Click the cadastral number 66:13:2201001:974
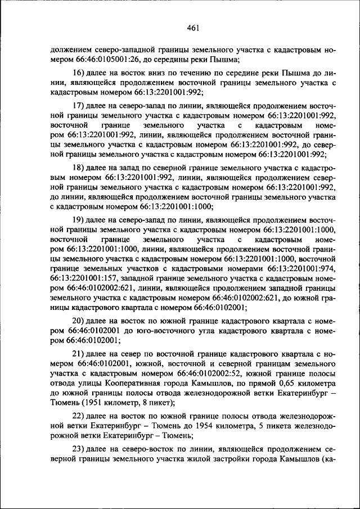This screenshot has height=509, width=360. pyautogui.click(x=302, y=269)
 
